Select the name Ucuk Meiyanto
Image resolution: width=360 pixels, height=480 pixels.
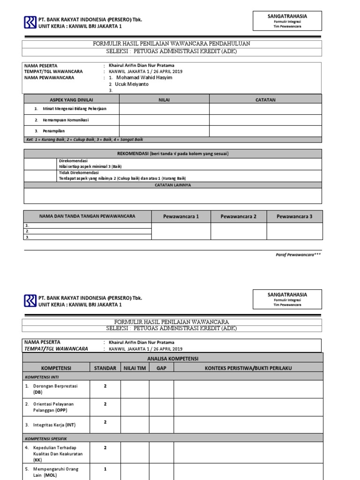tap(135, 84)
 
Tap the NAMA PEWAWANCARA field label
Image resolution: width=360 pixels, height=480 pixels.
tap(49, 78)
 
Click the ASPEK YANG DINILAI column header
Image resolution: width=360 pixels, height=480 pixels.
tap(72, 99)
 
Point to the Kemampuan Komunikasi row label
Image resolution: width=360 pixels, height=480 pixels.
tap(62, 120)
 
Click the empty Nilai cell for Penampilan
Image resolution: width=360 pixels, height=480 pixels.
tap(164, 131)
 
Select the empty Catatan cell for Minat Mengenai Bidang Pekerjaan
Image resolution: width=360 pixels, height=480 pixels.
tap(265, 109)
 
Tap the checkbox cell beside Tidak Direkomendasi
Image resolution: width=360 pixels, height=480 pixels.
tap(40, 175)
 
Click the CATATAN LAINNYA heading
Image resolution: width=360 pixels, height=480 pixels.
tap(173, 185)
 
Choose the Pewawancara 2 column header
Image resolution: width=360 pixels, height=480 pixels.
tap(239, 217)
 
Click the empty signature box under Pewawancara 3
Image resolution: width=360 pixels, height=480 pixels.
tap(294, 231)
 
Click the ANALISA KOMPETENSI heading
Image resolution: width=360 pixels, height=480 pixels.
tap(172, 359)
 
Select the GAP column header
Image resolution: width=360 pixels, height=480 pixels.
tap(161, 368)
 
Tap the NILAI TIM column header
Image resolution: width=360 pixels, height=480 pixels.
tap(135, 368)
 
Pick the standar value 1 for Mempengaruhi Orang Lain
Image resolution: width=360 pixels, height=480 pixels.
tap(105, 469)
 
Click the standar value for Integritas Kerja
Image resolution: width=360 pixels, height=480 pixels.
tap(105, 422)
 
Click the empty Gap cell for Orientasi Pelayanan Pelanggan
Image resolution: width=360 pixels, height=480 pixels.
tap(161, 407)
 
